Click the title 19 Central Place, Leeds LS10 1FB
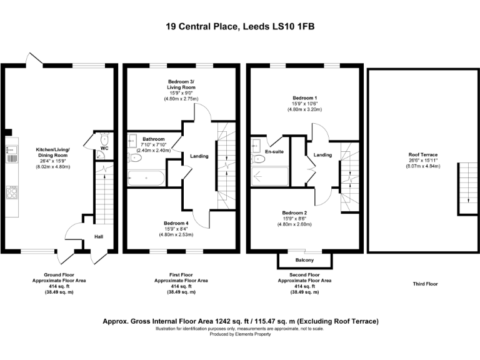240,27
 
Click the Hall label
99,237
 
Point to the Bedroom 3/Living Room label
181,85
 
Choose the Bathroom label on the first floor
153,139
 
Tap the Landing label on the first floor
199,156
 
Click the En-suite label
274,152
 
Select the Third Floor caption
425,284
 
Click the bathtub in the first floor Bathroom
146,179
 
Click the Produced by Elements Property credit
240,334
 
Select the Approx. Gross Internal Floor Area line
240,321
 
